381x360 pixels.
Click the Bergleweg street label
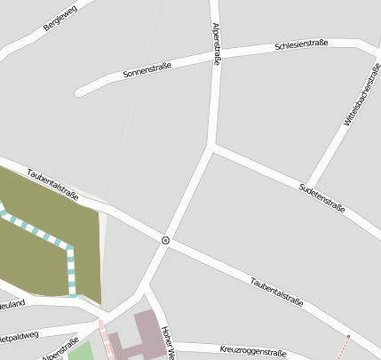60,18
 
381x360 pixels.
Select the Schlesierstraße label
303,44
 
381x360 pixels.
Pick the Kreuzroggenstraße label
253,352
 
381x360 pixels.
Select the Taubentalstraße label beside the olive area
52,184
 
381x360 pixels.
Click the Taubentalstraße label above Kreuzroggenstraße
276,292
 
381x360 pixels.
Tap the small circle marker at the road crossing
166,240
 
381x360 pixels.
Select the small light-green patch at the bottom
81,351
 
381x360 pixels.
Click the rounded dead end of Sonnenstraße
81,91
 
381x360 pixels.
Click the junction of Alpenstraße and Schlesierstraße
217,55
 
